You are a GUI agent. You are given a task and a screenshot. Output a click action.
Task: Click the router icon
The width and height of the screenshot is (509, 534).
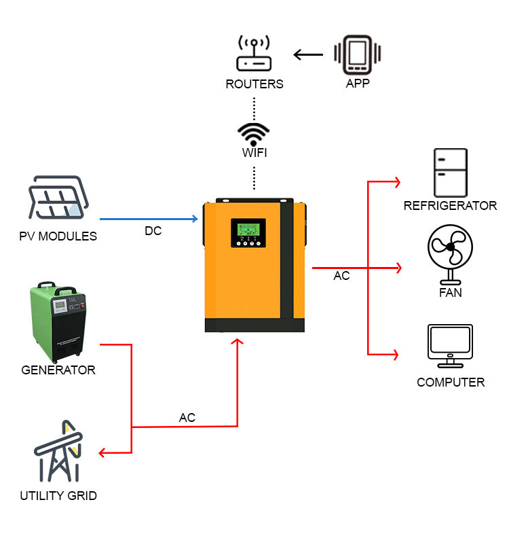(254, 54)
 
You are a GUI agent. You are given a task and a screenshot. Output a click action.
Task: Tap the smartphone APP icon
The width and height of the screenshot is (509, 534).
(357, 54)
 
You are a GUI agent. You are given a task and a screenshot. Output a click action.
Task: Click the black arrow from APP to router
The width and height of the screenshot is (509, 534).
(308, 54)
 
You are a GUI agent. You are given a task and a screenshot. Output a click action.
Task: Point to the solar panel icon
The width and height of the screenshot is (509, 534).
(58, 198)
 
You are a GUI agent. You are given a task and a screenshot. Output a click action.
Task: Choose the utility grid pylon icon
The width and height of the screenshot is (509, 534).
(58, 451)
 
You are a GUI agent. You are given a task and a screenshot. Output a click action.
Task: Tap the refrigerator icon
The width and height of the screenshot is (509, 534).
(451, 173)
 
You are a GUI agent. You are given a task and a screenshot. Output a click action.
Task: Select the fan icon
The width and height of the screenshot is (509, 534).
(450, 254)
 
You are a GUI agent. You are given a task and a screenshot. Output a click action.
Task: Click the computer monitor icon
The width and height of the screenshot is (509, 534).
(450, 347)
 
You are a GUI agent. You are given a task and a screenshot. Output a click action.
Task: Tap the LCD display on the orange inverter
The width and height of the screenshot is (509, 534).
(248, 231)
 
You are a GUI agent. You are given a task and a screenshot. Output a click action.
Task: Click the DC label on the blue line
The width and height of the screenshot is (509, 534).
(153, 231)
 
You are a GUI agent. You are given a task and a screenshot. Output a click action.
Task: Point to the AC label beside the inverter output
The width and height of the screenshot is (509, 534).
(341, 277)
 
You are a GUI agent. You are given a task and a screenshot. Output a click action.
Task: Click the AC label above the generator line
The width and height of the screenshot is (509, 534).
(187, 418)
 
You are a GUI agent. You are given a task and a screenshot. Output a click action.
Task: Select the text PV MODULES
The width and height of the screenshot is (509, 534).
(58, 237)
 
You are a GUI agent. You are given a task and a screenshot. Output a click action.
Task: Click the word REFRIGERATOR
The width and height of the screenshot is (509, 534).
(450, 206)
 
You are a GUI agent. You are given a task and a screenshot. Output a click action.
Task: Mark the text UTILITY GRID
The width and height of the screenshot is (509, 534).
(58, 496)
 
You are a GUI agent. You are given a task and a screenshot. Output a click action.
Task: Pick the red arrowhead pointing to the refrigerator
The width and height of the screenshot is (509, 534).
(396, 181)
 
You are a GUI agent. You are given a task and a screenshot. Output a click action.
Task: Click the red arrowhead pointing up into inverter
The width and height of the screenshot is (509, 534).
(238, 342)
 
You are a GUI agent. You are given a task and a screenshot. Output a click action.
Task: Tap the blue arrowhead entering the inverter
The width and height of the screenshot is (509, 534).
(194, 219)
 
